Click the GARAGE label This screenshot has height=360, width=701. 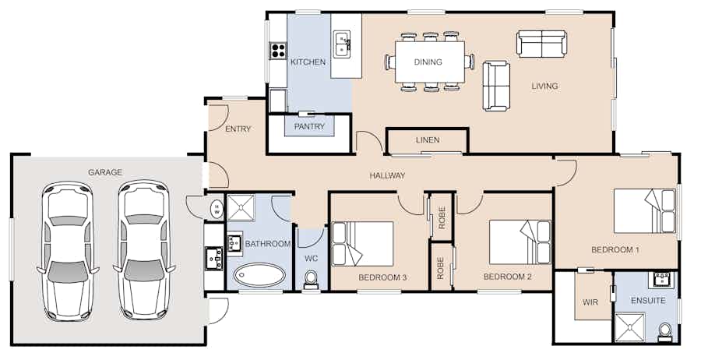105,172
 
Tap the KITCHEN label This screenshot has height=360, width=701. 308,62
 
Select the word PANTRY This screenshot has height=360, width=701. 309,126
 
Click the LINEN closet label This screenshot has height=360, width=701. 428,140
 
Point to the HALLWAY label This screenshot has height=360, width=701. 387,176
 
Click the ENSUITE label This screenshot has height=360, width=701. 648,301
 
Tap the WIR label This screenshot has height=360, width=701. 590,302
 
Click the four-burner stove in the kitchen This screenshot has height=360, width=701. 277,50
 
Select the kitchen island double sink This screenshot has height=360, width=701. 342,44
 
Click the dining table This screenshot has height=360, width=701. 430,62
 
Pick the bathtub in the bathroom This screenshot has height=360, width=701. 259,274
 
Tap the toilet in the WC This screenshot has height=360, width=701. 311,280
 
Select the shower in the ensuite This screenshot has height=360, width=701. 630,327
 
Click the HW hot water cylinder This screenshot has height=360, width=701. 217,208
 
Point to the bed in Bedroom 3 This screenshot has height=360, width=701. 362,244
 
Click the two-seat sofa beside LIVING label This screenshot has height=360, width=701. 541,44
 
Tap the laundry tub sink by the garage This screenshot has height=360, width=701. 214,258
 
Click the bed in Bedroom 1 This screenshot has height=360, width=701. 644,211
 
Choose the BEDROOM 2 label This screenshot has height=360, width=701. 507,277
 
